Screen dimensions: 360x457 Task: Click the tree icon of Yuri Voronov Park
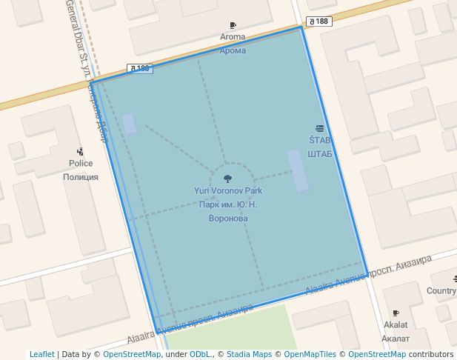[x=227, y=179]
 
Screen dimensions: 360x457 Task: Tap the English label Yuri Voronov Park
[x=227, y=191]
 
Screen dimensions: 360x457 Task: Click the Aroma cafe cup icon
[x=233, y=26]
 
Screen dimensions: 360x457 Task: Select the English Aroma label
[x=233, y=37]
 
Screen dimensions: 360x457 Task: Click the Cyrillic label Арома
[x=233, y=50]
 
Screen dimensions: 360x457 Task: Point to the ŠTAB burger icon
[x=320, y=129]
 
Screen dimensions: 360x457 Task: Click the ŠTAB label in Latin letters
[x=320, y=140]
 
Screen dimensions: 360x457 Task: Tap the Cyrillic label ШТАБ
[x=320, y=153]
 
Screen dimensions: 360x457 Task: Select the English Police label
[x=81, y=164]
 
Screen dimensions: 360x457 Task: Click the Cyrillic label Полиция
[x=81, y=177]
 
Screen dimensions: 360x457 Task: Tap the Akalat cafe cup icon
[x=396, y=313]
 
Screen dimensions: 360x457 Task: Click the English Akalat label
[x=396, y=325]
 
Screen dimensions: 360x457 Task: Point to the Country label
[x=441, y=291]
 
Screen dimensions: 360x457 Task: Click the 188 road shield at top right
[x=319, y=21]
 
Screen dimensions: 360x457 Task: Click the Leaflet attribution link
[x=42, y=355]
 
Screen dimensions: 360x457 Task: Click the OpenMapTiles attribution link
[x=307, y=355]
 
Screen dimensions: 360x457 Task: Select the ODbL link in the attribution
[x=200, y=355]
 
